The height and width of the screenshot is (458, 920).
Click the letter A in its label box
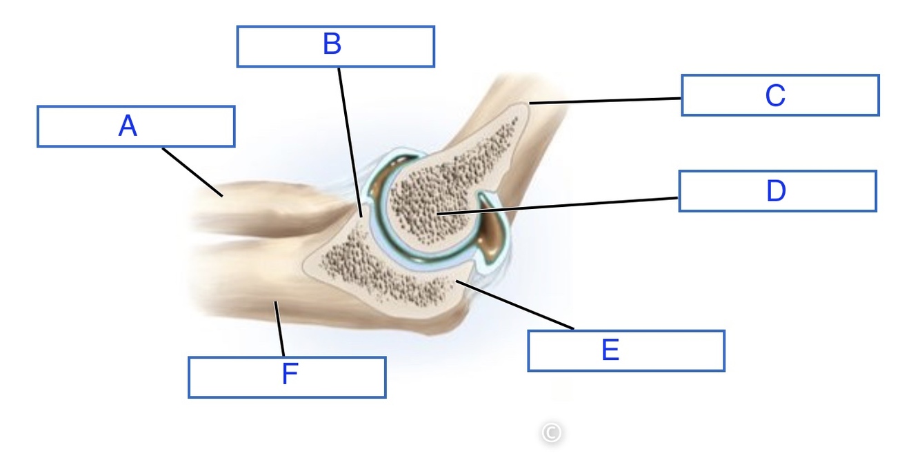pos(128,126)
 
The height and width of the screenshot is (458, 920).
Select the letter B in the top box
pos(332,45)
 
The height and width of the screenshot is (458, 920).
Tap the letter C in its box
pos(775,95)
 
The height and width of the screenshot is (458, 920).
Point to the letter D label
pos(776,191)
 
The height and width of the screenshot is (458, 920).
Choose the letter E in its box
pos(610,350)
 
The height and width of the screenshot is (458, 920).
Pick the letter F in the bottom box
pos(290,376)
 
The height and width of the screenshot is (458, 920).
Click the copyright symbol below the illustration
pos(550,432)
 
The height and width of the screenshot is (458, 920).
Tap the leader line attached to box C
pos(607,101)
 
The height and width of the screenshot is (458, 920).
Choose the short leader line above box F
pos(279,330)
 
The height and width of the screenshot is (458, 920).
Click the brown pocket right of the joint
pos(494,238)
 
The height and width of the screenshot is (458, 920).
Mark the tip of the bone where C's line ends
pos(529,104)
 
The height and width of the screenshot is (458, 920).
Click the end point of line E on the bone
pos(457,281)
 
